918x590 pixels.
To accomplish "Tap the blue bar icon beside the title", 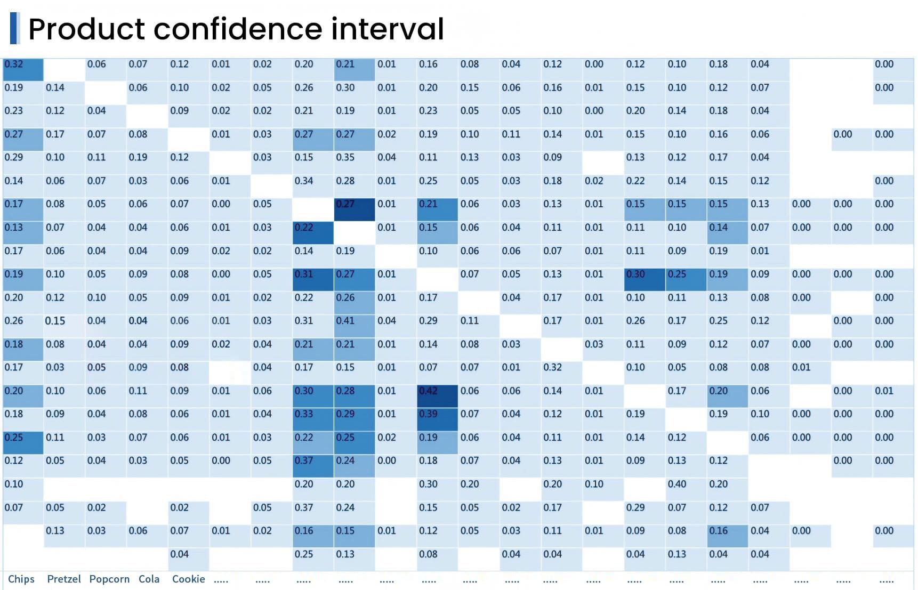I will click(14, 28).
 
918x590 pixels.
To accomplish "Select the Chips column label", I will click(21, 579).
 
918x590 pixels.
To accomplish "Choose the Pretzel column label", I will click(64, 579).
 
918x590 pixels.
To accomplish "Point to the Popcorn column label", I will click(109, 579).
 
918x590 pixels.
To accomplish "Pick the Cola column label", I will click(149, 579).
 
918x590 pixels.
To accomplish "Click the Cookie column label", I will click(188, 579).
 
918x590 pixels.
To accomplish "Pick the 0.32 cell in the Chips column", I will click(22, 69).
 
